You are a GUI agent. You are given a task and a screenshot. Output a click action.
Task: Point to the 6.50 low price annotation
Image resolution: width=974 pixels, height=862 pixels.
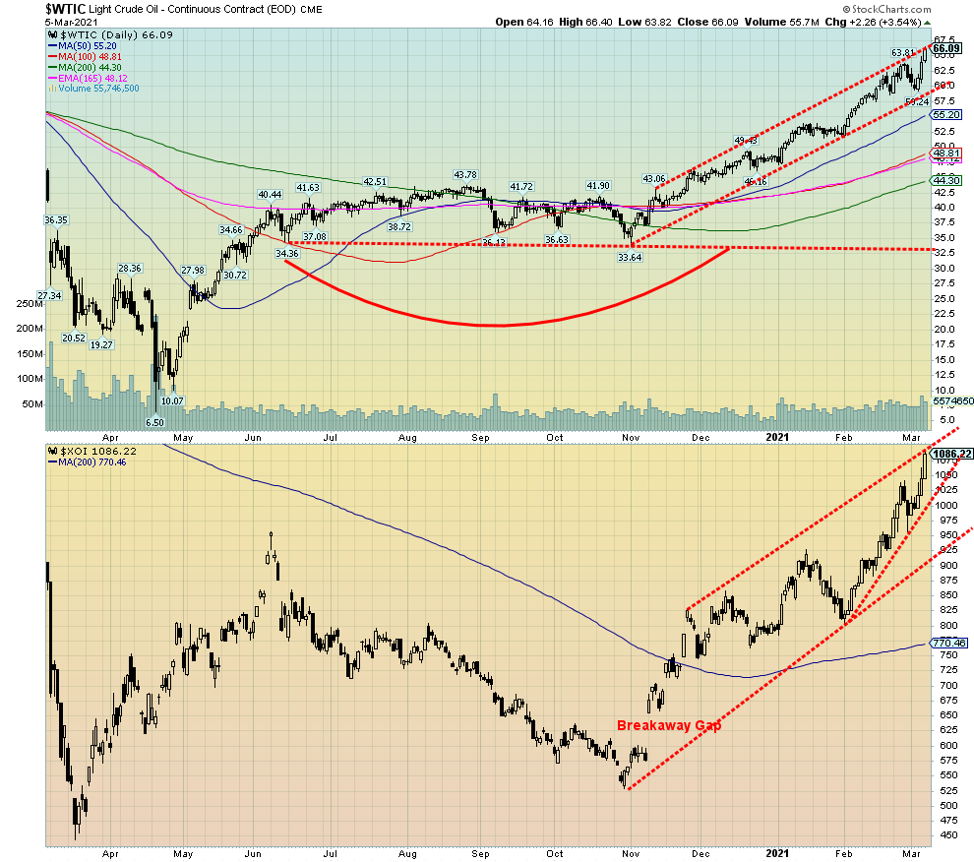click(155, 422)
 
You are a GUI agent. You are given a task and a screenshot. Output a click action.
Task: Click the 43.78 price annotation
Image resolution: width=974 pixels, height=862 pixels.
click(466, 175)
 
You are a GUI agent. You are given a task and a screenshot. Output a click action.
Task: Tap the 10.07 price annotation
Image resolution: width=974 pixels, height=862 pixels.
click(172, 400)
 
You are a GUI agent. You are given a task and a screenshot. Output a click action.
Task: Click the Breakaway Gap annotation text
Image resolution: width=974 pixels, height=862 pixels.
click(669, 725)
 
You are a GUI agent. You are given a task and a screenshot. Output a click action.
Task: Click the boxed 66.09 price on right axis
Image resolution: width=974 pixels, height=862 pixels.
click(946, 48)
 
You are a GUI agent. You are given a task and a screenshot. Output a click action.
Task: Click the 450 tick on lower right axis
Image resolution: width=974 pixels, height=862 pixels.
click(944, 834)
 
